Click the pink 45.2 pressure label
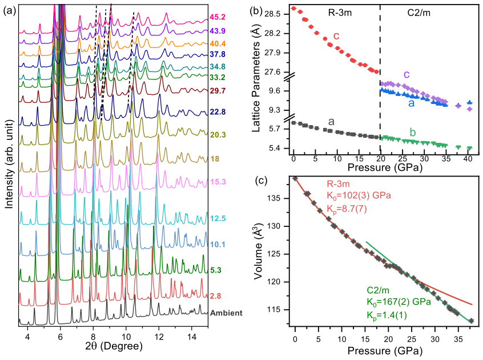[x=218, y=17]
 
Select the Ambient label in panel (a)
[x=226, y=313]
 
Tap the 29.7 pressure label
[x=218, y=91]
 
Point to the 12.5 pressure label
[x=218, y=219]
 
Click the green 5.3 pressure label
[x=216, y=270]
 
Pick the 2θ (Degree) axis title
[x=114, y=346]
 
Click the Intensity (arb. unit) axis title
[x=10, y=165]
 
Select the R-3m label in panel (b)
[x=339, y=13]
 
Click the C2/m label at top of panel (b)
[x=419, y=13]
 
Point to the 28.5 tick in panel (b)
[x=272, y=14]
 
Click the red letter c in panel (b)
[x=336, y=36]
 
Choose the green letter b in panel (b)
[x=413, y=133]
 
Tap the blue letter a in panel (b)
[x=412, y=103]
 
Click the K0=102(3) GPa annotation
[x=359, y=196]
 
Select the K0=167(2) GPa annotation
[x=399, y=302]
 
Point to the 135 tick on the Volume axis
[x=277, y=198]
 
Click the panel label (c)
[x=261, y=181]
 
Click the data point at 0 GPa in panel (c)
[x=295, y=178]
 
